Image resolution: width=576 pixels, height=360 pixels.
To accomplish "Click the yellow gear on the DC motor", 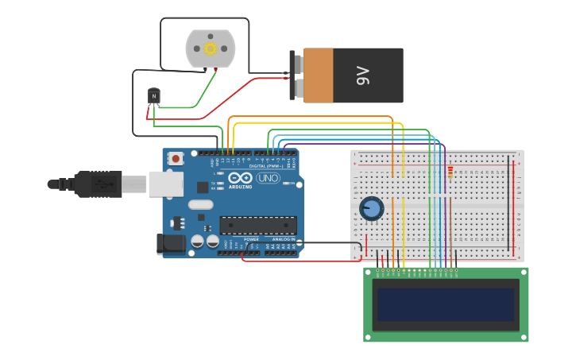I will click(211, 48).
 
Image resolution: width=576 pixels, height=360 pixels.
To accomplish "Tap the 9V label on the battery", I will click(363, 76).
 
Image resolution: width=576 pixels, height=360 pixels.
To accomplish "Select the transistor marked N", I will click(154, 97).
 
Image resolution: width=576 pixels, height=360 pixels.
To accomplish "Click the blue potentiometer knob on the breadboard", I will click(371, 209).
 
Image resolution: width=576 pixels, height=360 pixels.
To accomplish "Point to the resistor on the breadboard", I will click(450, 173).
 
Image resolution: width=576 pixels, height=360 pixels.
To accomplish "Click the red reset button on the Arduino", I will click(176, 159).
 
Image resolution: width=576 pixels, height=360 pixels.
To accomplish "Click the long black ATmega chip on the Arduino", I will click(258, 226).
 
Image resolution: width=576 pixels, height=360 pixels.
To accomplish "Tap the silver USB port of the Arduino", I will click(165, 184).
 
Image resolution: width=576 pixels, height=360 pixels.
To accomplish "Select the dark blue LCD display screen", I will click(446, 304).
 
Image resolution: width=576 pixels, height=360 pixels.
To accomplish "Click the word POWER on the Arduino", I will click(251, 239).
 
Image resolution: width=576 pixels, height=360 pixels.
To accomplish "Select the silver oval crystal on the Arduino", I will click(201, 204).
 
